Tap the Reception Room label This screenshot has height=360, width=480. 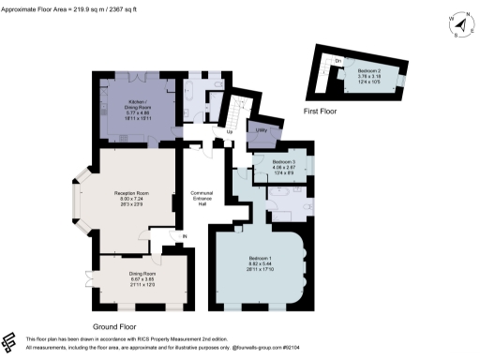tap(131, 193)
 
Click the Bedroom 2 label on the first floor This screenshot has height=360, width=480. tap(372, 71)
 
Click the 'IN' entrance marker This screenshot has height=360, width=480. tap(186, 236)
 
